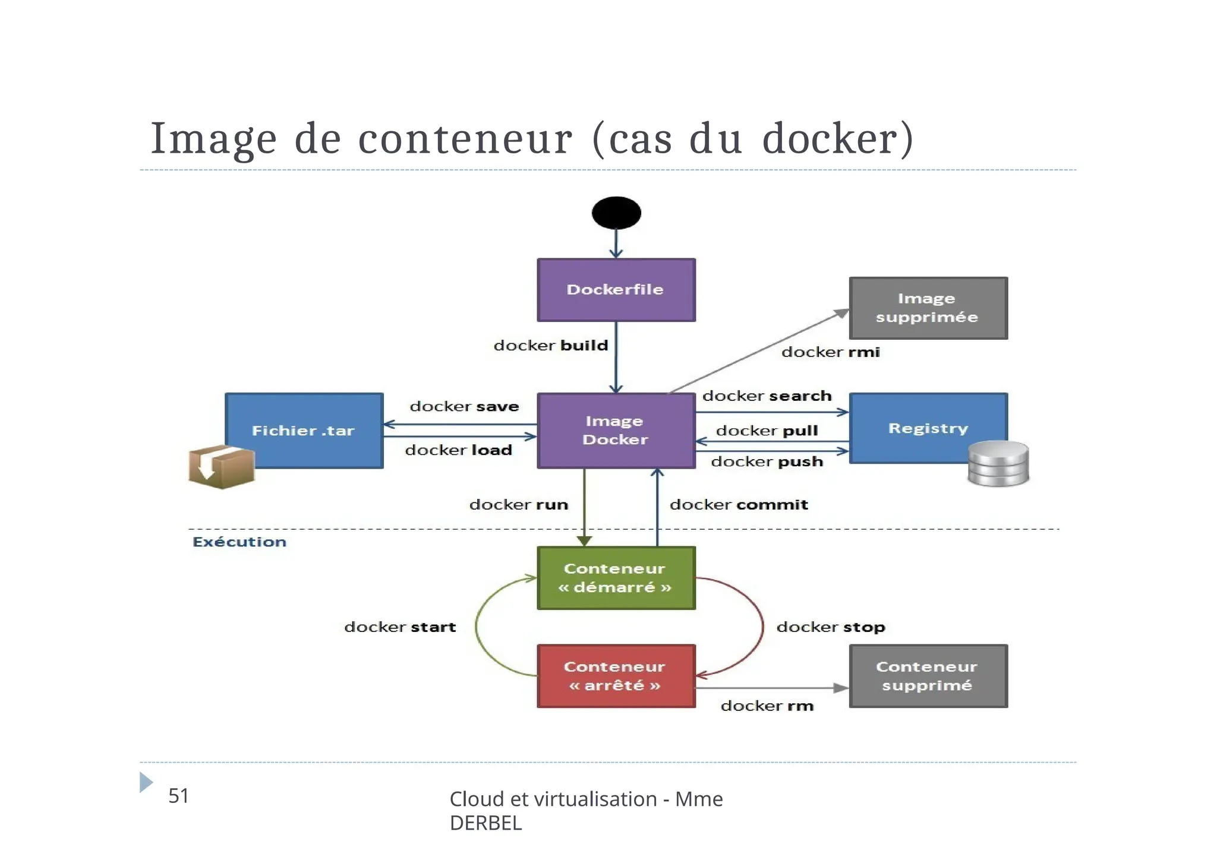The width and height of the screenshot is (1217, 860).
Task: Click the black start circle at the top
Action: tap(616, 213)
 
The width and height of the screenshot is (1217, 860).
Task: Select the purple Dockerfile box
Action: tap(616, 290)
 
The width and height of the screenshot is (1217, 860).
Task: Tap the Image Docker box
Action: tap(616, 431)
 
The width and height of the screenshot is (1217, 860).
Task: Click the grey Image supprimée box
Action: tap(928, 308)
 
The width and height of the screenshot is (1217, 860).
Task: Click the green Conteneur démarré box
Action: tap(616, 578)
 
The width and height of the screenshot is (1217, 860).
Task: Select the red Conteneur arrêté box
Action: tap(616, 676)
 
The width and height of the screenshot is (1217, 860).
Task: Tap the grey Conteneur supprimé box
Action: tap(928, 676)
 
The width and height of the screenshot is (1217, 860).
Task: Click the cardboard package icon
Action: tap(221, 467)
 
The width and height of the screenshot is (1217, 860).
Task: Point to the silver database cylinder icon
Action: tap(998, 464)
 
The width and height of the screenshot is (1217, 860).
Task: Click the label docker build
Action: tap(551, 346)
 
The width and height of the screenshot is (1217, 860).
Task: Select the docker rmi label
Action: tap(830, 352)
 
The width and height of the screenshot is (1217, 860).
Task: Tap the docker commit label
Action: tap(739, 505)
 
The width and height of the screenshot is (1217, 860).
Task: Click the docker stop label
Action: tap(831, 627)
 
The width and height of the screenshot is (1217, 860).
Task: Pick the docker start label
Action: tap(400, 627)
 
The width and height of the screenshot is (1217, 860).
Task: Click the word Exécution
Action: tap(239, 542)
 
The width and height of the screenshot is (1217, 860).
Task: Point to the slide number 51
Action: tap(178, 796)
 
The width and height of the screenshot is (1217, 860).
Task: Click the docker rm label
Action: tap(767, 706)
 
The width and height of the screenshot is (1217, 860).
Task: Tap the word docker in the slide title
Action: tap(837, 138)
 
